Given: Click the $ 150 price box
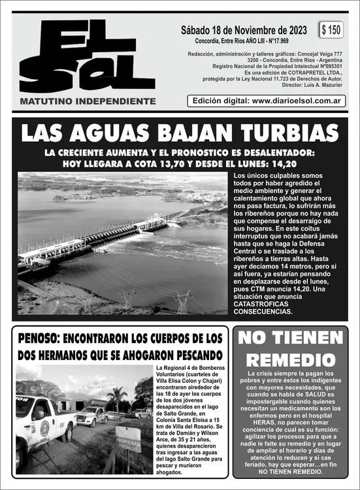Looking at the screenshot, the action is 331,30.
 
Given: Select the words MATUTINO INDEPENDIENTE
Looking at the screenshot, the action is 88,101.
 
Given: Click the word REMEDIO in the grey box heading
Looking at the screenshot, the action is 290,360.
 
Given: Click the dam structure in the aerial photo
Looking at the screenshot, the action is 98,238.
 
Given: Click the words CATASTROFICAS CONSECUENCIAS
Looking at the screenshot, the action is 263,308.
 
